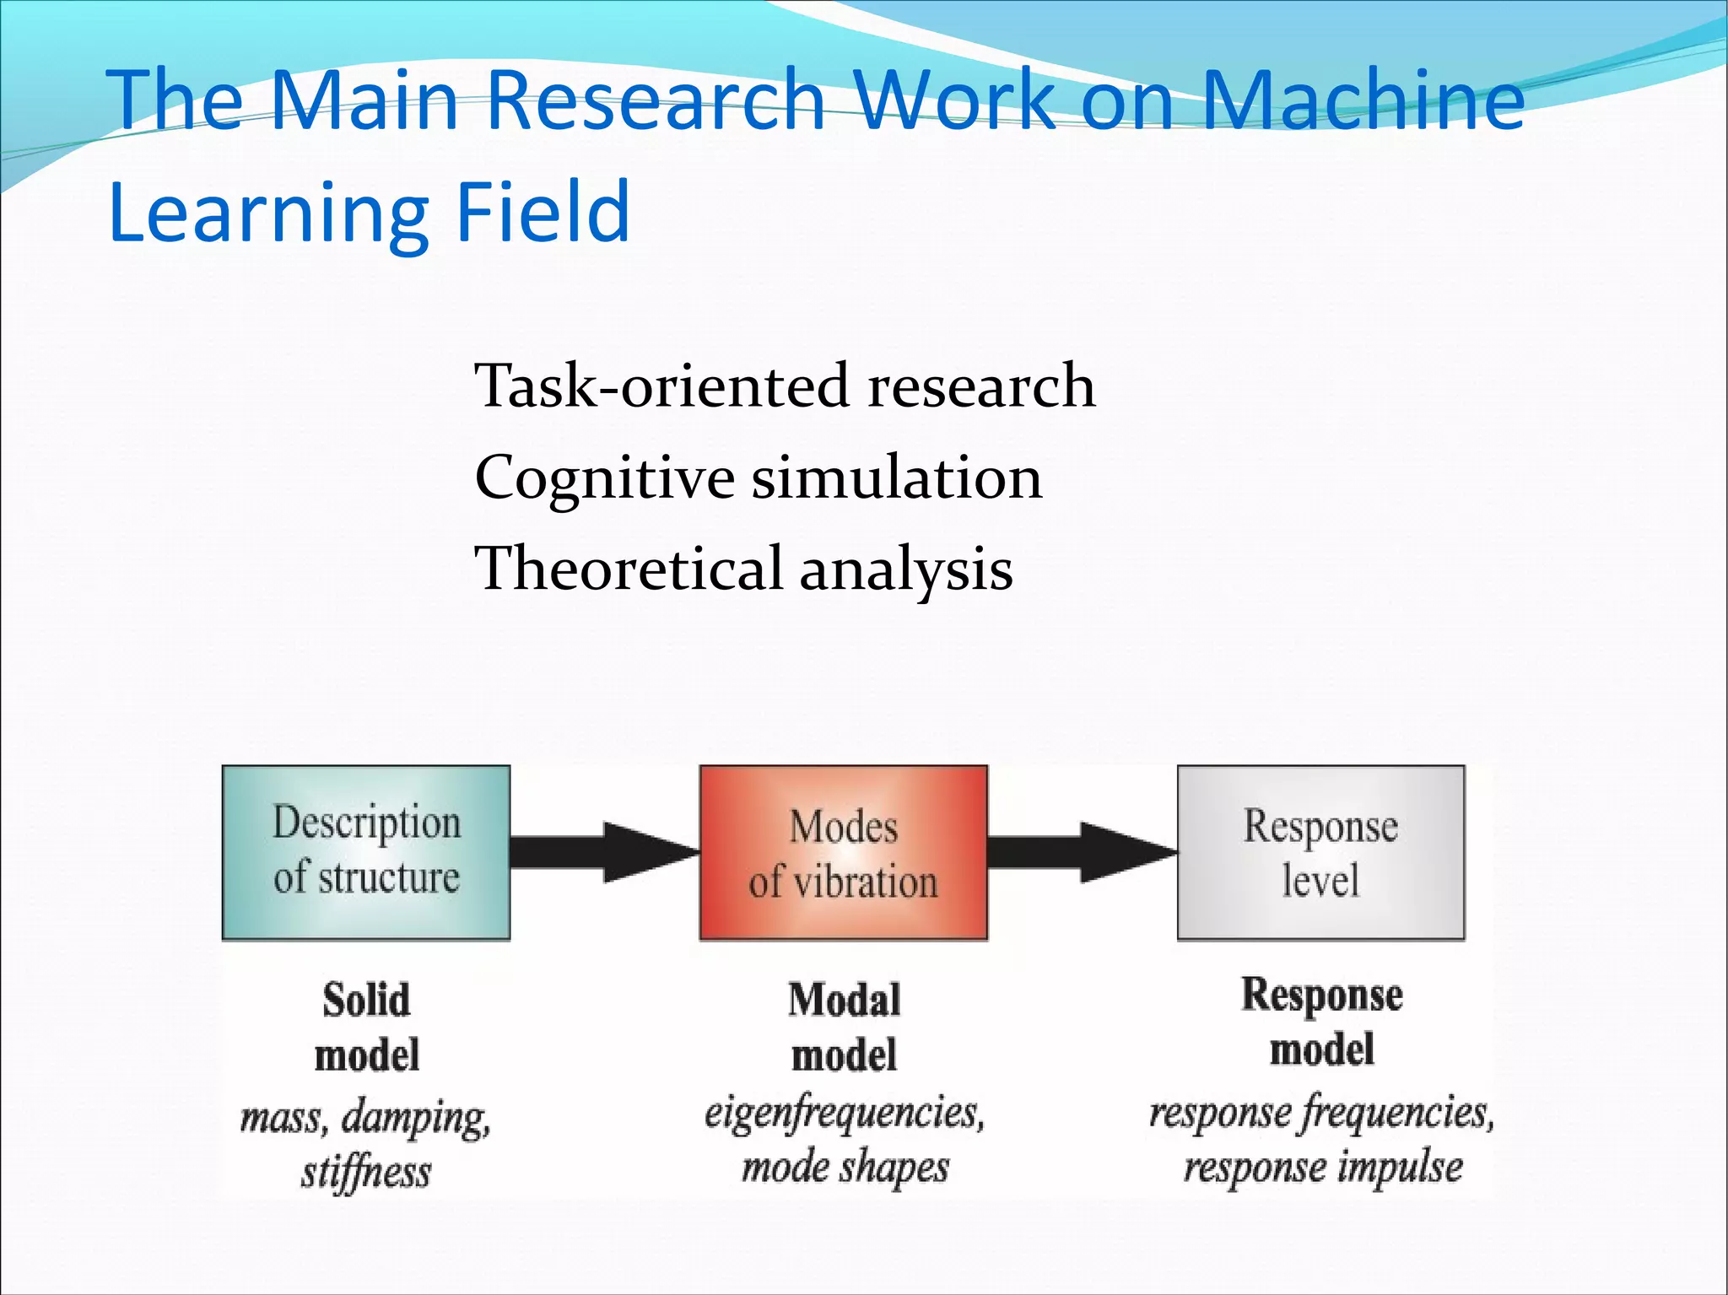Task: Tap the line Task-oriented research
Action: [785, 386]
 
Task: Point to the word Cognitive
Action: [604, 478]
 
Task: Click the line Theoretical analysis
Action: [743, 569]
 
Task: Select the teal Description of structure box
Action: [366, 852]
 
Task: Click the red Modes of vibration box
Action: [843, 852]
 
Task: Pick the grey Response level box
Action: [1320, 852]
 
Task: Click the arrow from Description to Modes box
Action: [604, 852]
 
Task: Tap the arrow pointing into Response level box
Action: [1082, 852]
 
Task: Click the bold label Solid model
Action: [366, 1028]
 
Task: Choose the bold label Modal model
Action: [844, 1028]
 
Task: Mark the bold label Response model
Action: [1321, 1023]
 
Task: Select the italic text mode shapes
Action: [845, 1168]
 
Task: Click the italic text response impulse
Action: [1322, 1168]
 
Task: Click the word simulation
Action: [896, 478]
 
